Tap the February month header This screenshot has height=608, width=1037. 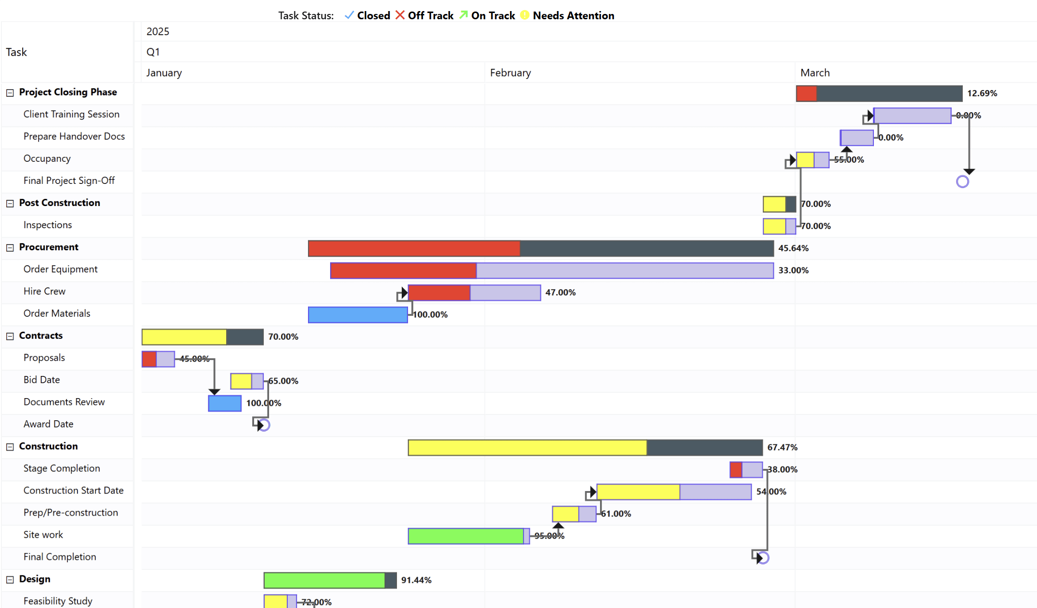click(x=510, y=73)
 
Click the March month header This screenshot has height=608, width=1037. click(x=815, y=73)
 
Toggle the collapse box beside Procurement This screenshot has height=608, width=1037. click(x=10, y=247)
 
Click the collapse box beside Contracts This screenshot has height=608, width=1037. click(x=10, y=336)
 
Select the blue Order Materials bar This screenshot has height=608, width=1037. click(x=358, y=315)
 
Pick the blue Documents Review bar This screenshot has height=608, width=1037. click(x=225, y=403)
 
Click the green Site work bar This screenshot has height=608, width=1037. click(x=466, y=536)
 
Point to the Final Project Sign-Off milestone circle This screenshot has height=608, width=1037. click(x=962, y=181)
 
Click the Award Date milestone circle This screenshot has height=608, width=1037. click(x=264, y=425)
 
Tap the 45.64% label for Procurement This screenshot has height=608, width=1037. click(x=793, y=248)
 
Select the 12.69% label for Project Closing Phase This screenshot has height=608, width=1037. click(x=982, y=93)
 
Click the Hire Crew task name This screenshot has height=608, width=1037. click(x=44, y=291)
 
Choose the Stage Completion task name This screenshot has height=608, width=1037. click(x=62, y=468)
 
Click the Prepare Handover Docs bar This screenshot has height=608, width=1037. click(x=857, y=138)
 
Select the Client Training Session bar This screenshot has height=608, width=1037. click(x=912, y=116)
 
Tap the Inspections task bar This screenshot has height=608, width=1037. click(x=779, y=226)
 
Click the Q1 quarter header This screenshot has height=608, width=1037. click(x=153, y=52)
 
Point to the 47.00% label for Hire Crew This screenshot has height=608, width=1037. click(x=560, y=292)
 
